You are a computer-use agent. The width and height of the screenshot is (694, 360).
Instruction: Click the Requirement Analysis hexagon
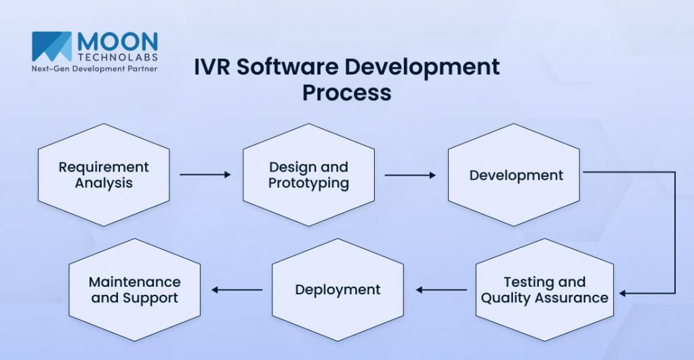tap(103, 174)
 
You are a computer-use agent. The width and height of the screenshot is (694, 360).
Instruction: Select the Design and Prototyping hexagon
tap(308, 174)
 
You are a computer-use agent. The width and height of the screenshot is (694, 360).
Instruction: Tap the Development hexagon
tap(516, 174)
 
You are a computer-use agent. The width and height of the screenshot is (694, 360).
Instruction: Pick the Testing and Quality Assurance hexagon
tap(544, 289)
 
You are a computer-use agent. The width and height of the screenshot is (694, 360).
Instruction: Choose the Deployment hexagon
tap(338, 289)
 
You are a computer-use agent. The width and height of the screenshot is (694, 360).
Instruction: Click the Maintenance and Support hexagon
tap(135, 289)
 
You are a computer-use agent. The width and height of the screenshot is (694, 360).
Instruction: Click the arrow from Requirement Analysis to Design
tap(205, 174)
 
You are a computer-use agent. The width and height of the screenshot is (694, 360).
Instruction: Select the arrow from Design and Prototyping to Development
tap(410, 174)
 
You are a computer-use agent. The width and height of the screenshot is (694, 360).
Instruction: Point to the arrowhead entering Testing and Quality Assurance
tap(623, 294)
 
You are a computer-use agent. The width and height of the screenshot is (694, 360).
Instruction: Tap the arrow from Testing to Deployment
tap(441, 289)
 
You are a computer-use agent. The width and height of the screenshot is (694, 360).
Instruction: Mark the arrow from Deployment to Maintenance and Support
tap(237, 289)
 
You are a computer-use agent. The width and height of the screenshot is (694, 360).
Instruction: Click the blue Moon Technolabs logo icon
tap(52, 47)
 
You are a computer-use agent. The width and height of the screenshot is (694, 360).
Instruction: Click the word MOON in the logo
tap(117, 40)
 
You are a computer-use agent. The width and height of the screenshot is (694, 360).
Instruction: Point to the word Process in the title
tap(346, 92)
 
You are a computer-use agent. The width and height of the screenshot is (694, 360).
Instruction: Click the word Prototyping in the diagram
tap(308, 183)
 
